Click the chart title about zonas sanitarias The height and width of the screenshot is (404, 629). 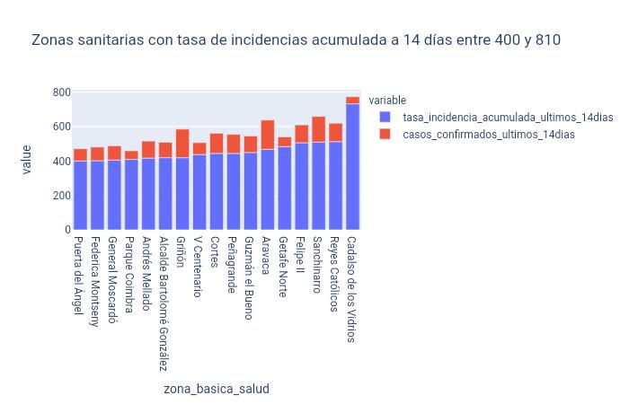[297, 40]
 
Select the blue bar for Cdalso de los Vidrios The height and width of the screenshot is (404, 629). [353, 167]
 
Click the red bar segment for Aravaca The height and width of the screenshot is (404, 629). [268, 135]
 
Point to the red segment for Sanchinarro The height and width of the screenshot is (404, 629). [319, 129]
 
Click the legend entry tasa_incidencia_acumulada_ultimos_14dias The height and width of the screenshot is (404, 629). [508, 118]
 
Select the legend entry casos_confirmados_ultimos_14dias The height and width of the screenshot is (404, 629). [488, 135]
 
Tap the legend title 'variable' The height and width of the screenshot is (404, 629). [388, 101]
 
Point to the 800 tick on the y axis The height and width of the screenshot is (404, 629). [61, 92]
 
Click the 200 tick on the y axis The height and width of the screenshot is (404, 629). [61, 196]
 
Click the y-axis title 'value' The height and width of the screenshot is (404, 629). [27, 161]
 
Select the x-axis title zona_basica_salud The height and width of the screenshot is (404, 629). [217, 389]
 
